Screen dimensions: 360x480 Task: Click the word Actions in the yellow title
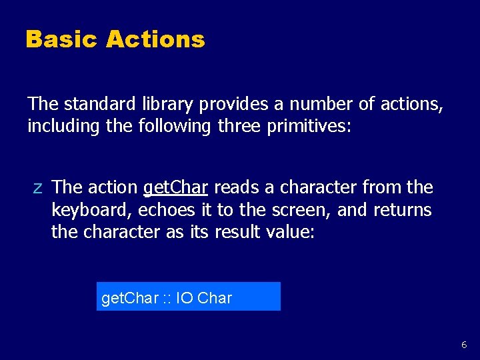[155, 39]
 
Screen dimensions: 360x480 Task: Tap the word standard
[99, 104]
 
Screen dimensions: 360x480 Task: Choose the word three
[239, 126]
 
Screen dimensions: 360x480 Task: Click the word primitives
[307, 127]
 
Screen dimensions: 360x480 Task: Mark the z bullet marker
[37, 189]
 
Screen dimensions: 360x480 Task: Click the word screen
[305, 211]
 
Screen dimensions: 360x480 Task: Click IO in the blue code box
[185, 298]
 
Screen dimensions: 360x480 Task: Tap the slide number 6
[464, 345]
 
